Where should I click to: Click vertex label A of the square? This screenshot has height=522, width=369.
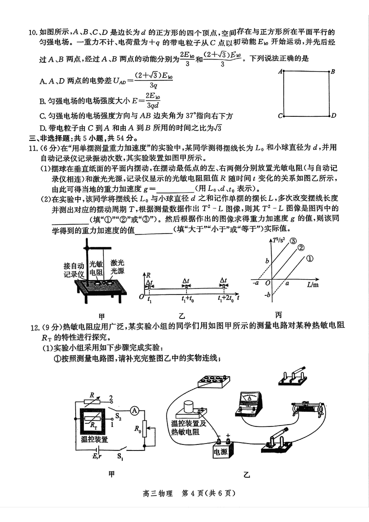click(280, 72)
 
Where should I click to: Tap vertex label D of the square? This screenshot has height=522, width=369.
click(333, 115)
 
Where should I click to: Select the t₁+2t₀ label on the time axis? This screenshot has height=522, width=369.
click(226, 299)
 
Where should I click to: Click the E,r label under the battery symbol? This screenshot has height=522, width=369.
click(96, 457)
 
